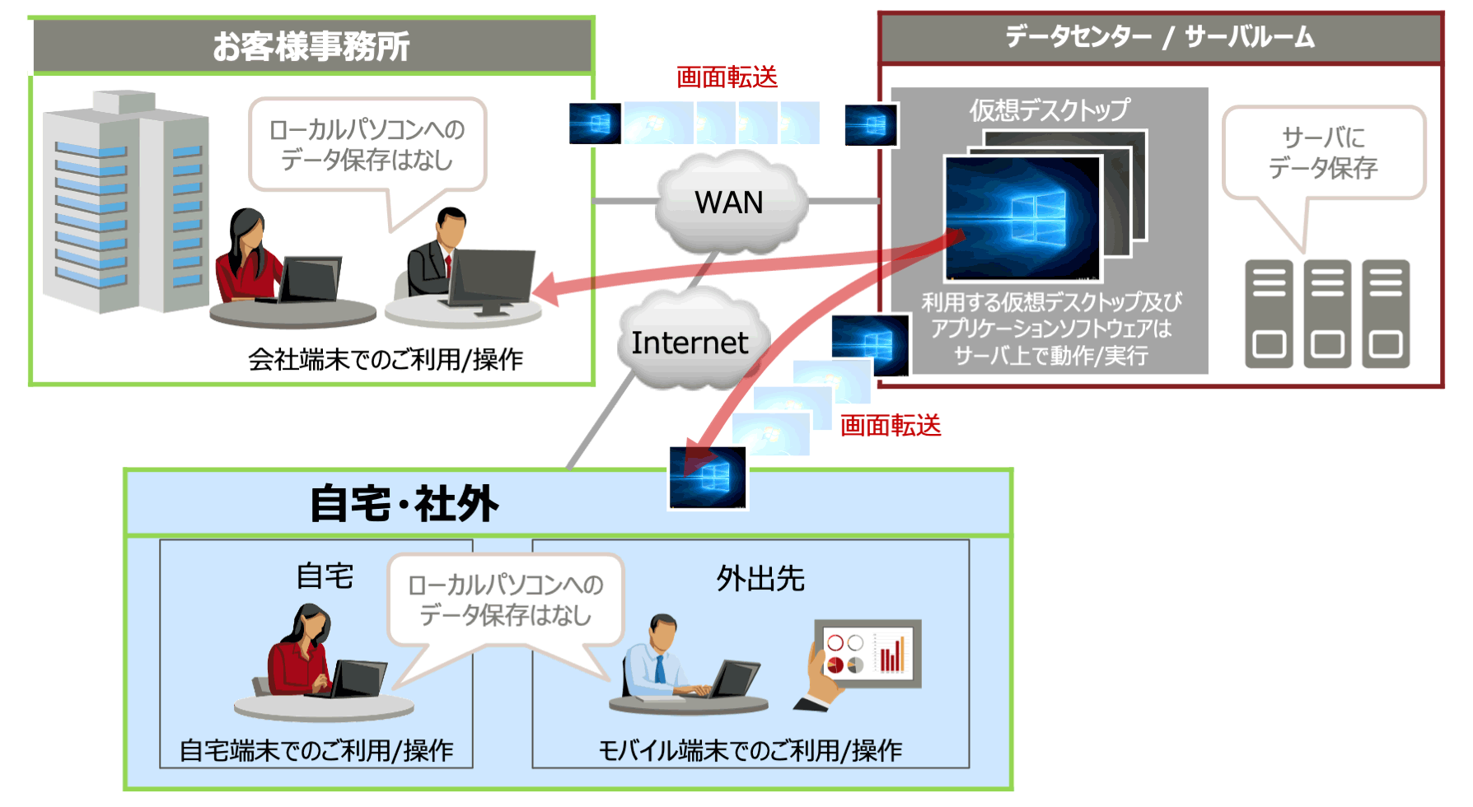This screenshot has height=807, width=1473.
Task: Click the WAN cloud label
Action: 729,203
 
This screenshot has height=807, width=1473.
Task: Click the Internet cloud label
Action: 690,343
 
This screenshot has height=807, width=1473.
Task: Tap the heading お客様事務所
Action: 311,47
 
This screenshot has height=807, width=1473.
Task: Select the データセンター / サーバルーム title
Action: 1160,37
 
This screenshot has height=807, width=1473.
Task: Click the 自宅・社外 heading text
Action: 404,504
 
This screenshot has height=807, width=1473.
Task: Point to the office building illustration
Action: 124,202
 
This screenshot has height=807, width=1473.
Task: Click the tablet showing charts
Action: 867,654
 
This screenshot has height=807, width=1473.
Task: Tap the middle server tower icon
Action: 1327,314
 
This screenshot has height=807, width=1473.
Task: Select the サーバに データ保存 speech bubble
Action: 1323,153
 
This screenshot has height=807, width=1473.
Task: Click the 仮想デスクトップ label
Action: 1050,110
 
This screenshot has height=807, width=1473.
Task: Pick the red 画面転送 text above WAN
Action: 727,77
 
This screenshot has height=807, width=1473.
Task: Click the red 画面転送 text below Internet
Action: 891,426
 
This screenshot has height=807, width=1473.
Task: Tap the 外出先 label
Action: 760,579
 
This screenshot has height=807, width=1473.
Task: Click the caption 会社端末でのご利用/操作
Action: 386,359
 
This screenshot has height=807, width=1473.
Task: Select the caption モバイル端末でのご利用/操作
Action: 750,750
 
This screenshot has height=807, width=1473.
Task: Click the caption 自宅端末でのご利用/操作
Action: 316,750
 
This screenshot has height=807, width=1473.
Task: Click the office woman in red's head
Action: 247,228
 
